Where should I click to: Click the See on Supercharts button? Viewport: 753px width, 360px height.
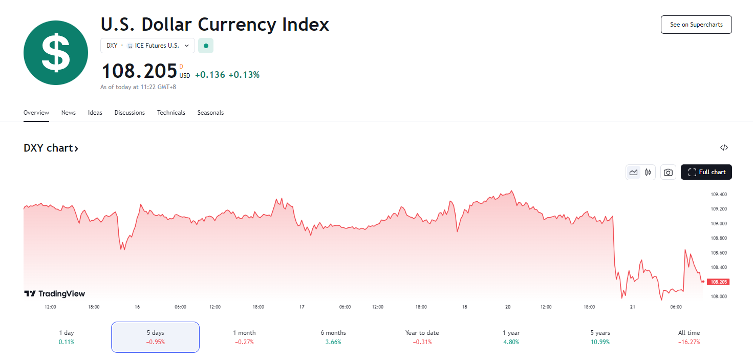pos(696,25)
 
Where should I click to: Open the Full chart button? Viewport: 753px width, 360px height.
pos(706,172)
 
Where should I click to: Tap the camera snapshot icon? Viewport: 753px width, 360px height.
pos(668,173)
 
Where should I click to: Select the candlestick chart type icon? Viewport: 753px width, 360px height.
pos(648,173)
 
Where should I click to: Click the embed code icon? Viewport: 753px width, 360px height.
pos(724,148)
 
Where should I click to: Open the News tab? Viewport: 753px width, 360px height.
pos(68,113)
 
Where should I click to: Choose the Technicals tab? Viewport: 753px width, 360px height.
pos(171,113)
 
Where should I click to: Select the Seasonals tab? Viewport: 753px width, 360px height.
pos(210,113)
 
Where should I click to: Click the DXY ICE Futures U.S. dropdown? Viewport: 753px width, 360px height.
pos(147,46)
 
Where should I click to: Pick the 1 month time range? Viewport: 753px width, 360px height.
pos(244,337)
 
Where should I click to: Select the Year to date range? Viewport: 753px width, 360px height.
pos(422,337)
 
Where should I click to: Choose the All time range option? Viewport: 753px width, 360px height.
pos(689,337)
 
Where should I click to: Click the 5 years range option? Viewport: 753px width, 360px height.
pos(600,337)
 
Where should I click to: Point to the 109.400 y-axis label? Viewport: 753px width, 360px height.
pos(719,195)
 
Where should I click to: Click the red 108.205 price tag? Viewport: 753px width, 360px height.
pos(718,282)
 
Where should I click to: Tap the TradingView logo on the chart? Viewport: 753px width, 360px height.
pos(54,294)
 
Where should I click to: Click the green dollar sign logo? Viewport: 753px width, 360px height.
pos(56,53)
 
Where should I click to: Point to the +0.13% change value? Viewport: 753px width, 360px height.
pos(244,75)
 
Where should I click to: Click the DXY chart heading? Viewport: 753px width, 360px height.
pos(51,148)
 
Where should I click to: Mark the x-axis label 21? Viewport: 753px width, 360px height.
pos(633,307)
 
